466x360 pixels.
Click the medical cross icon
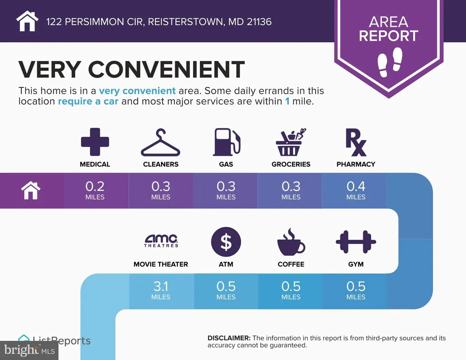(95, 142)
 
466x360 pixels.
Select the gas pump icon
(226, 142)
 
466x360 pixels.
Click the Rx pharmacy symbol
(356, 142)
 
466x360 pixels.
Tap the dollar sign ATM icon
(226, 242)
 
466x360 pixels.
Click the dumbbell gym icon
(356, 242)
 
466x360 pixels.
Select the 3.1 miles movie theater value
(161, 290)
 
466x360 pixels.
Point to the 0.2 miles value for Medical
(95, 190)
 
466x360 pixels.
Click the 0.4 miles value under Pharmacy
(356, 190)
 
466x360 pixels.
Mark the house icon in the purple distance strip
(31, 190)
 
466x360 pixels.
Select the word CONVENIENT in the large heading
(166, 70)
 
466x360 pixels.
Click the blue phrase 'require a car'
(88, 101)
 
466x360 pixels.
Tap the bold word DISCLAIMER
(229, 338)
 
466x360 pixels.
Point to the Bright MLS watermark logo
(30, 350)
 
